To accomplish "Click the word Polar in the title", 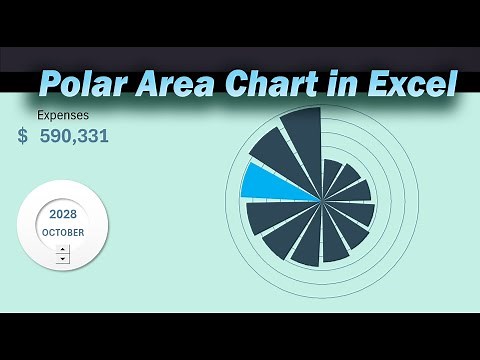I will click(84, 85).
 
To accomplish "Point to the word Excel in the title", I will click(406, 85).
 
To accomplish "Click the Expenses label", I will click(63, 115).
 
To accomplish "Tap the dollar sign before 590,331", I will click(23, 135).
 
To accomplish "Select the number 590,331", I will click(74, 135).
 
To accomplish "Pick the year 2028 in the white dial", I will click(63, 214).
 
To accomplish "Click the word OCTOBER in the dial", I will click(63, 232).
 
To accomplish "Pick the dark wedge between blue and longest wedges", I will click(276, 157).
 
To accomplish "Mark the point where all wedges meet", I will click(322, 200).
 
